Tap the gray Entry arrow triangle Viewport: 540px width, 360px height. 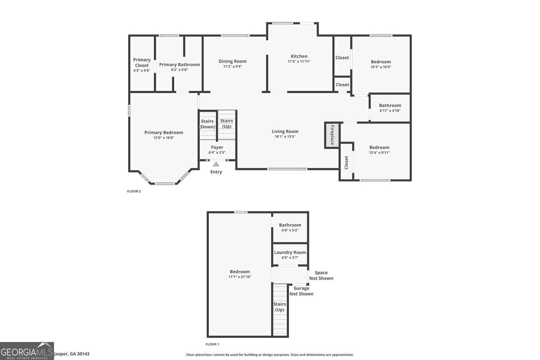tap(216, 164)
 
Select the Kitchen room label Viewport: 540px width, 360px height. tap(299, 56)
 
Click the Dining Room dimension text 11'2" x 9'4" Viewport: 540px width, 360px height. tap(233, 66)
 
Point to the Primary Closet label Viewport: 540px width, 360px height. tap(142, 63)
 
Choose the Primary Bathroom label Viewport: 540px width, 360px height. tap(179, 64)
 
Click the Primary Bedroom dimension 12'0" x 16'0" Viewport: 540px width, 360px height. tap(164, 138)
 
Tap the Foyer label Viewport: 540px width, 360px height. tap(217, 147)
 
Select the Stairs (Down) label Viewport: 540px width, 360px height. tap(207, 124)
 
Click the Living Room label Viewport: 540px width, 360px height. tap(285, 131)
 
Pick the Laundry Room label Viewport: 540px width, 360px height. tap(290, 252)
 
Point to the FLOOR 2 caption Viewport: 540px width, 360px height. tap(134, 191)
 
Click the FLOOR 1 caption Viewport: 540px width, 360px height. tap(212, 345)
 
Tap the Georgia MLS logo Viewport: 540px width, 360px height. tap(27, 351)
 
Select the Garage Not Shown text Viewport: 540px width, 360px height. tap(301, 291)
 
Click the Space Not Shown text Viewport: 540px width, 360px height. tap(321, 275)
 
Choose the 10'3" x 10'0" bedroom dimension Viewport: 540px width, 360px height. tap(381, 67)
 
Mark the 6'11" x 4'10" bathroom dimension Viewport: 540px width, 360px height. tap(390, 111)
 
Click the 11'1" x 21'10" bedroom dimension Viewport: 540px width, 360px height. tap(240, 277)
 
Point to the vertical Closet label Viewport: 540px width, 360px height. tap(346, 162)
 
